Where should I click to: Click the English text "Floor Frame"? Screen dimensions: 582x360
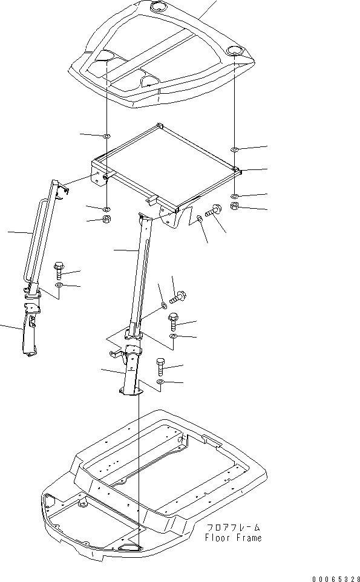(x=234, y=538)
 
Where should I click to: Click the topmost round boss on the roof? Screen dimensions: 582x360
(x=159, y=7)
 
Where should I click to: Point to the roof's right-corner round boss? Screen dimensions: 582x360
(x=234, y=50)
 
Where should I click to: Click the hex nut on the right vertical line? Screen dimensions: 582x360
(x=235, y=208)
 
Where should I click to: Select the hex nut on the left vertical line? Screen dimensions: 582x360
(x=106, y=218)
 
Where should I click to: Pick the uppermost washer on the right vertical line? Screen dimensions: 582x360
(x=234, y=148)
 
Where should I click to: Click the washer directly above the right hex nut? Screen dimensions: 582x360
(x=235, y=196)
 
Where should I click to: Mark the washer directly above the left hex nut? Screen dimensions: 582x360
(x=106, y=208)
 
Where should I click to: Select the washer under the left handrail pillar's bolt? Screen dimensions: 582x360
(x=59, y=284)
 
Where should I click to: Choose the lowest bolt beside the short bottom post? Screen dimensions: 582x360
(x=160, y=365)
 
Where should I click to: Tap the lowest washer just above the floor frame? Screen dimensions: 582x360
(x=160, y=382)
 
